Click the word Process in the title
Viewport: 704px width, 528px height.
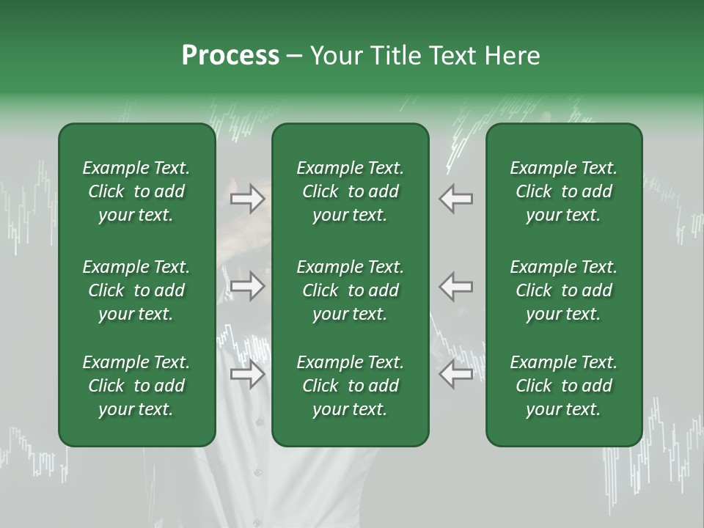[230, 56]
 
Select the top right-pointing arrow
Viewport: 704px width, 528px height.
[248, 199]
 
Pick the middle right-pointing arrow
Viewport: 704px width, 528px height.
[248, 286]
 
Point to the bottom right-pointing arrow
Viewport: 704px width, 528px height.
[248, 375]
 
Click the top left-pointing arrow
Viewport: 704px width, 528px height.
[456, 199]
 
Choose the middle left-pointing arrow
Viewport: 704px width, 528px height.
[456, 286]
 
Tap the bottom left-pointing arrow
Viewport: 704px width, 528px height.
[456, 375]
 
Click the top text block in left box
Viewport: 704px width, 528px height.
[136, 191]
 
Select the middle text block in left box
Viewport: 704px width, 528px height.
[136, 290]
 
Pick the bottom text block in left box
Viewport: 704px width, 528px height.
[136, 386]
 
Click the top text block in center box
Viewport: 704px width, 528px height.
[351, 191]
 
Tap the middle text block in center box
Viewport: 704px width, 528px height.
[351, 290]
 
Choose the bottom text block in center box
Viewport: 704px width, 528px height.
[351, 386]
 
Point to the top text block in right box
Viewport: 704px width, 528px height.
[564, 191]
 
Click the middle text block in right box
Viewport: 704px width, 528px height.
[564, 290]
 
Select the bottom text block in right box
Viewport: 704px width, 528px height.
[564, 386]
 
